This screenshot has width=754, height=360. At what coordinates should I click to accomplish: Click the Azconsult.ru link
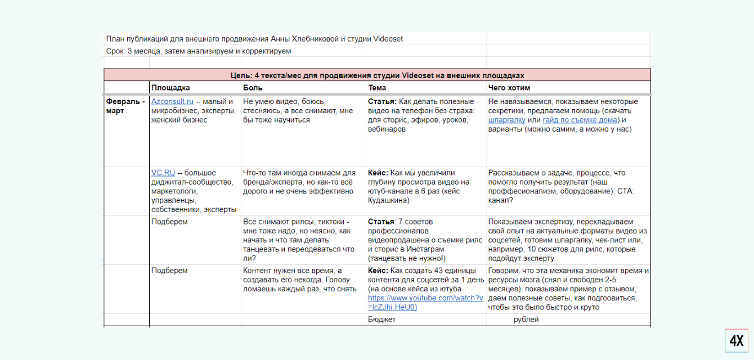tap(172, 102)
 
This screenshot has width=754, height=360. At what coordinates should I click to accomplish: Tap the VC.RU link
tap(163, 173)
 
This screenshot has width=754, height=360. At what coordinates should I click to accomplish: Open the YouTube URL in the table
tap(425, 302)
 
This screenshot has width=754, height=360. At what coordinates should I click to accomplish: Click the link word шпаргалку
tap(507, 120)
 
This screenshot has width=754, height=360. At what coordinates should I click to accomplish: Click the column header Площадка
tap(170, 88)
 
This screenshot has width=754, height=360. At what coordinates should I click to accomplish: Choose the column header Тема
tap(378, 88)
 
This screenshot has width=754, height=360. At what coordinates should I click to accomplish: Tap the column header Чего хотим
tap(509, 88)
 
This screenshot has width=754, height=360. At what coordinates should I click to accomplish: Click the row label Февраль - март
tap(125, 106)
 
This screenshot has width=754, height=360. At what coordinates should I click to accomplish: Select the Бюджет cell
tap(382, 319)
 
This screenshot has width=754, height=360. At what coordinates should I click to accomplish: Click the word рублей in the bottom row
tap(526, 319)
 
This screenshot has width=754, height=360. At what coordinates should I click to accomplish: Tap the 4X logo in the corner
tap(736, 341)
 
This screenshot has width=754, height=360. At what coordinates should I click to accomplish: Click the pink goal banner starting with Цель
tap(377, 75)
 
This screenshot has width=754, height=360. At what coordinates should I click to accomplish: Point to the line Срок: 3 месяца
tap(198, 51)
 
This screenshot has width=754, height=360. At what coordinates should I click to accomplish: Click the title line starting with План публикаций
tap(254, 39)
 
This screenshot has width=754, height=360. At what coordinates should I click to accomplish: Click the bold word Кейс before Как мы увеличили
tap(378, 173)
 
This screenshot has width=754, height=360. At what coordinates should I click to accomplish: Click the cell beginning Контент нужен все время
tap(300, 280)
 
